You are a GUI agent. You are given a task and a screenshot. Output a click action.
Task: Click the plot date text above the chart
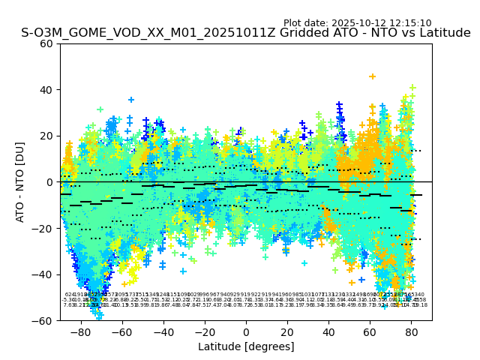(357, 23)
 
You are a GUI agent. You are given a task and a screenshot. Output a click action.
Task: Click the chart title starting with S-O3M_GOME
(246, 33)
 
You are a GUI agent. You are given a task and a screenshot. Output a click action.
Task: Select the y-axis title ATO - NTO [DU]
(21, 182)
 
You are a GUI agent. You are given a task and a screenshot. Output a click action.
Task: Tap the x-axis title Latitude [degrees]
(246, 346)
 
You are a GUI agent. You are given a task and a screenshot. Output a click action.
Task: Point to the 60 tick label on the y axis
(46, 43)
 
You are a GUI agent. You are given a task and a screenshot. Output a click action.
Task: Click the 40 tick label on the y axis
(46, 90)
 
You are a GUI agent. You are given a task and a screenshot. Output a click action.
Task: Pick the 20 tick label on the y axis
(46, 136)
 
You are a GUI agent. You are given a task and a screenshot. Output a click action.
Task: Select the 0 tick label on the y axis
(49, 182)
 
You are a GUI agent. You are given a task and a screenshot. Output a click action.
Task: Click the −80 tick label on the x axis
(80, 331)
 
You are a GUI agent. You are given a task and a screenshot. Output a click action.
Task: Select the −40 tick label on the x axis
(163, 331)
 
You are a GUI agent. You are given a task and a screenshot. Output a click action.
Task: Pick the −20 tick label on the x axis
(204, 331)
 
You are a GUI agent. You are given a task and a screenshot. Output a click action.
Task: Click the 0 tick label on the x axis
(246, 331)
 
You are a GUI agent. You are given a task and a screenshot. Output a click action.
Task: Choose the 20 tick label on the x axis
(287, 331)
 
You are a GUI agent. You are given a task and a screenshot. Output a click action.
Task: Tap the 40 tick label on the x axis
(328, 331)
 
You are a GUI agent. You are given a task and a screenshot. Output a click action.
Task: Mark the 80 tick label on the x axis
(411, 331)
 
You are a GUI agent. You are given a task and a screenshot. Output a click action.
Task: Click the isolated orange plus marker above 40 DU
(372, 76)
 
